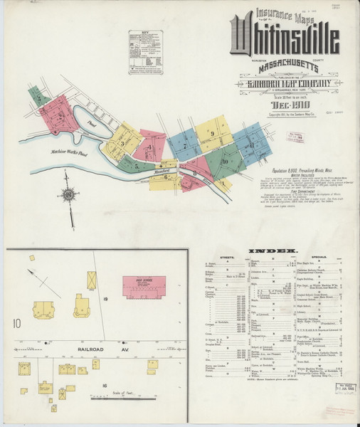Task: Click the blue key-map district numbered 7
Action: click(x=184, y=145)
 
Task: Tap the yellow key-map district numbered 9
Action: click(x=213, y=135)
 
